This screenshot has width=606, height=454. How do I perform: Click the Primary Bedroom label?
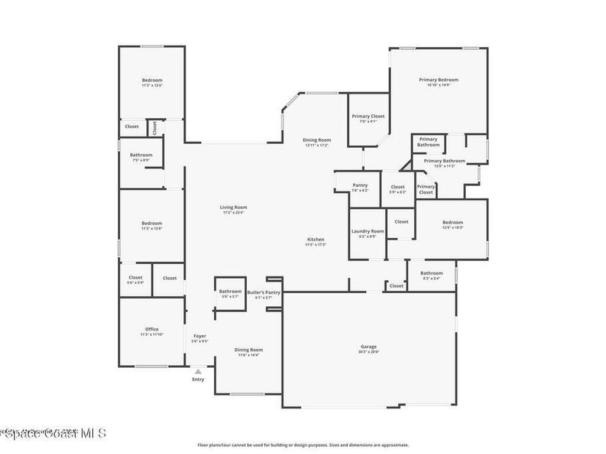439,80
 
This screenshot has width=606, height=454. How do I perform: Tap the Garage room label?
369,346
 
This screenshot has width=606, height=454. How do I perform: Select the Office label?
151,329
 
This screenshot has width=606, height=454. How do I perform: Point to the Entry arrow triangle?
198,371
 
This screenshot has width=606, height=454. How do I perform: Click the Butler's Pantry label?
263,292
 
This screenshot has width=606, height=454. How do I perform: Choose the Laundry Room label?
368,231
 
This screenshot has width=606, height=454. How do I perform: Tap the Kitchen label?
315,239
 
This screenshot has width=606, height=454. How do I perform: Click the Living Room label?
233,207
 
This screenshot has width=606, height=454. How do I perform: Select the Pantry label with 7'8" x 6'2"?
360,185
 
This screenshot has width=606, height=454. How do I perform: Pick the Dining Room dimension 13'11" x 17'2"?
317,145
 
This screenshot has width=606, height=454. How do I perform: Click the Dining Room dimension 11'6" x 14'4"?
249,355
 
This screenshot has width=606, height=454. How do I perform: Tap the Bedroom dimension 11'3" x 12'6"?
151,86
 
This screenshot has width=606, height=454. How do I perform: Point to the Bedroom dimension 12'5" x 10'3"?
453,228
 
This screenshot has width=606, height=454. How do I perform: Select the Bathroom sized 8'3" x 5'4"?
431,273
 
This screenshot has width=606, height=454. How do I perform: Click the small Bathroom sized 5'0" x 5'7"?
230,291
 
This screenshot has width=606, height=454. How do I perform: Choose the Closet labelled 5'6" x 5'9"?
136,277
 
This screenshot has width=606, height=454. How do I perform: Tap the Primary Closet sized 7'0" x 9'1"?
368,116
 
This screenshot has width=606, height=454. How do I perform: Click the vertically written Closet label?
155,127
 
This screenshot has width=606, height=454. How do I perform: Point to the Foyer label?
200,336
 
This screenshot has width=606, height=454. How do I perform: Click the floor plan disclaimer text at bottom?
302,445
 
